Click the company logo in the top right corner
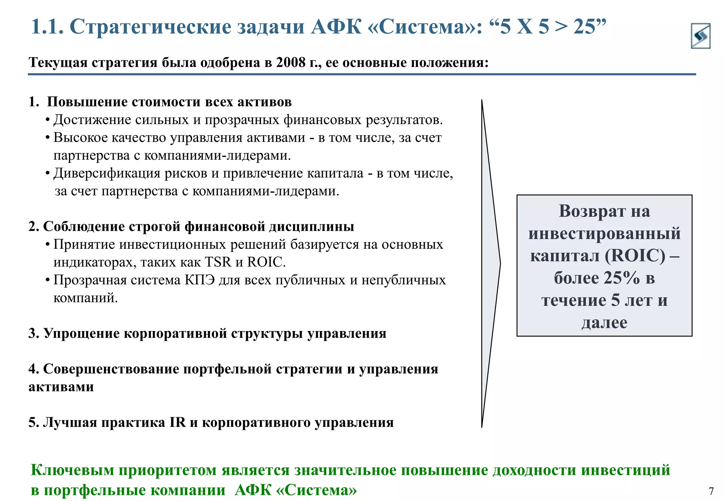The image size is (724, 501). click(700, 36)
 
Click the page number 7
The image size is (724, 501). click(711, 491)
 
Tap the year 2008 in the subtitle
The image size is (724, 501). click(291, 63)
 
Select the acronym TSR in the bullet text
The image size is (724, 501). click(218, 262)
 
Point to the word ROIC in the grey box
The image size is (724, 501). click(635, 255)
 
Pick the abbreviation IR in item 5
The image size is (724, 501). click(177, 423)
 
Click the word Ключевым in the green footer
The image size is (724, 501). click(72, 470)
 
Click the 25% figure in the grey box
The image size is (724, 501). click(621, 278)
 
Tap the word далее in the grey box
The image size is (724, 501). click(605, 323)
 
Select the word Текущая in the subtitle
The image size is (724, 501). click(58, 63)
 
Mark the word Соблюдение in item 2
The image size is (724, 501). click(84, 227)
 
